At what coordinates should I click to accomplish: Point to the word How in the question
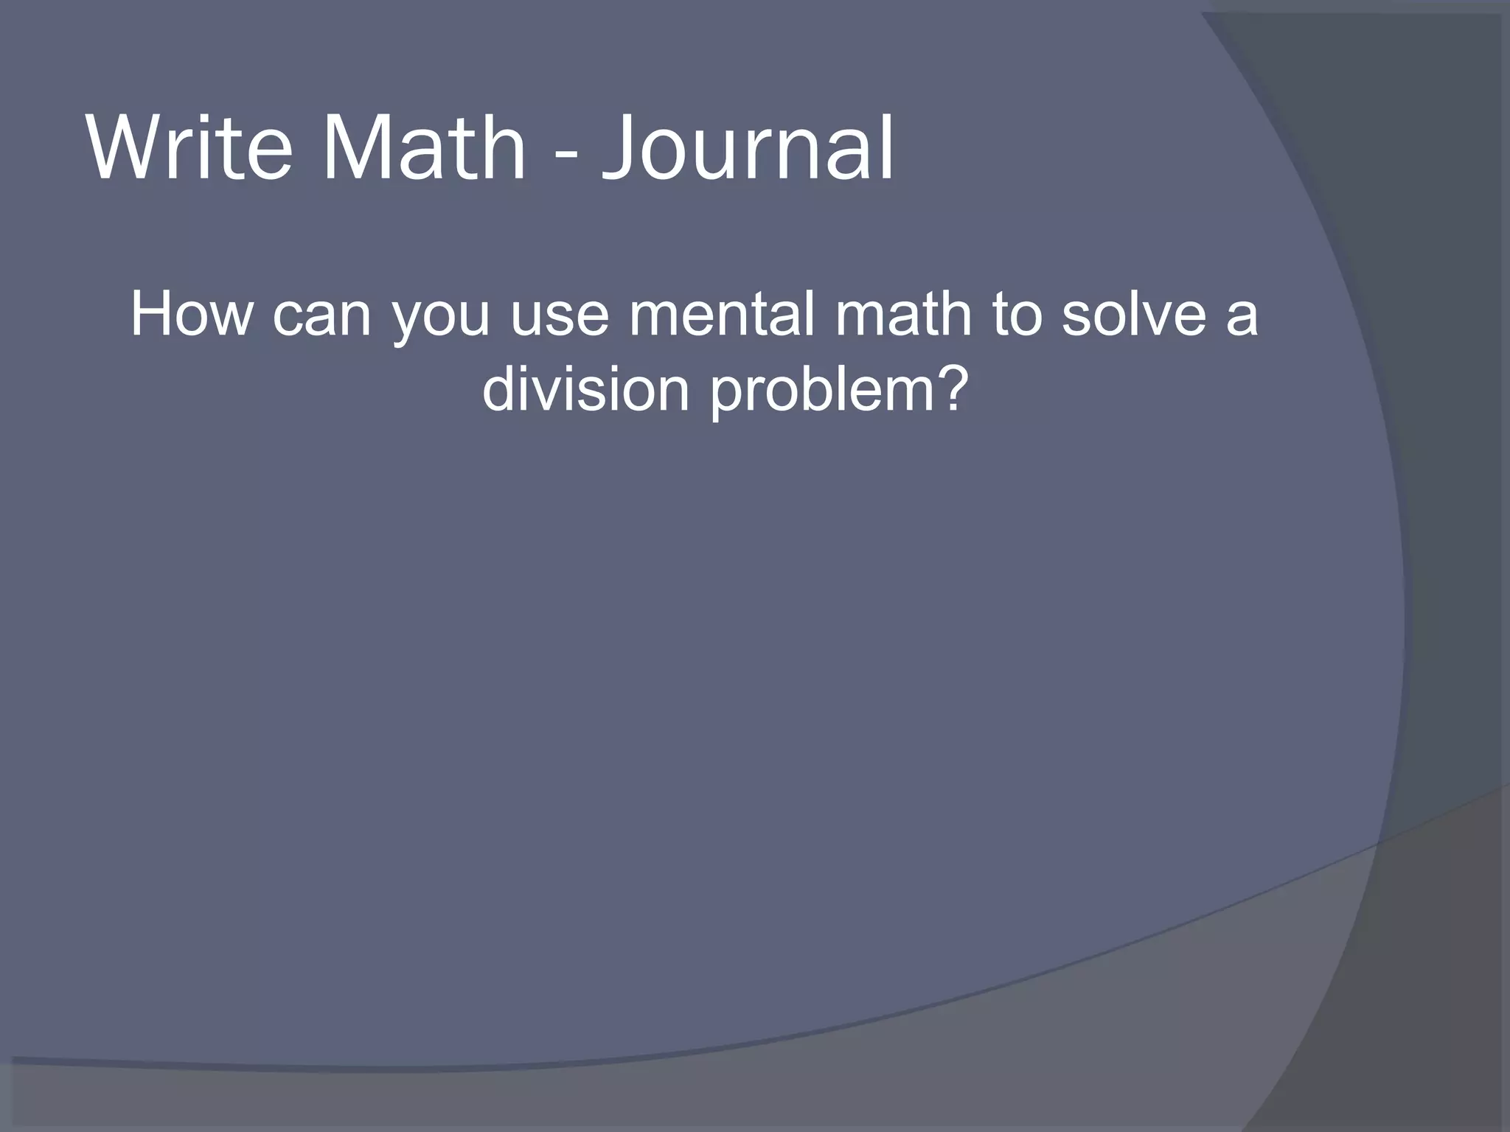coord(191,315)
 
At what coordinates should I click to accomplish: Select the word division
coord(585,388)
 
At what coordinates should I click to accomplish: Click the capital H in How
coord(151,315)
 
